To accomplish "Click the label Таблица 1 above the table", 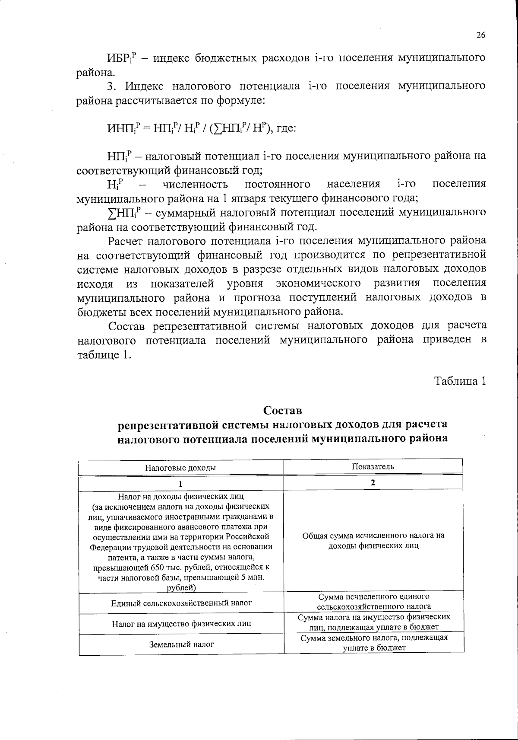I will [460, 381].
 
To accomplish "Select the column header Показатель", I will [373, 466].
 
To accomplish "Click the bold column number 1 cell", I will [180, 483].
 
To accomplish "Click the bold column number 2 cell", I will [373, 482].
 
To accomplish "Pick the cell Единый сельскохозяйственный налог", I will [181, 603].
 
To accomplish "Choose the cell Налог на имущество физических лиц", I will [181, 624].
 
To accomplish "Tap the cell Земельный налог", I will [181, 644].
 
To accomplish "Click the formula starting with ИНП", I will [201, 128].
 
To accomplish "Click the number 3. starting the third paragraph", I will [113, 86].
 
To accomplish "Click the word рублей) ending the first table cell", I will [181, 587].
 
